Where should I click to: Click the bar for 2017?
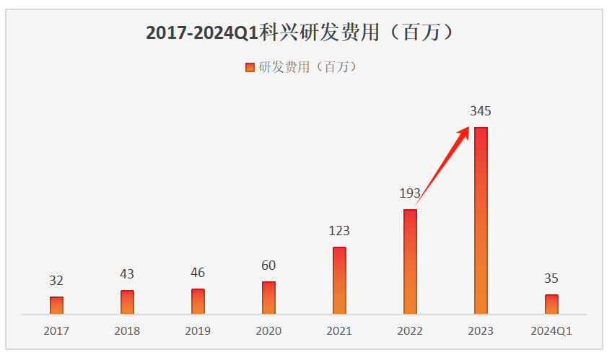pos(56,305)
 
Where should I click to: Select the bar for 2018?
pos(127,302)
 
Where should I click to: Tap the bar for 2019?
pos(198,302)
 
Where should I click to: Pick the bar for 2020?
pos(268,297)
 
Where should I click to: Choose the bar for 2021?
pos(339,281)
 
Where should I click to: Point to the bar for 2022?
pos(410,262)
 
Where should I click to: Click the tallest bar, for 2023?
pos(481,221)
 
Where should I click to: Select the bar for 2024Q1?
pos(551,304)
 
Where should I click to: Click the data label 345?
pos(481,111)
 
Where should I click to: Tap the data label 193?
pos(410,193)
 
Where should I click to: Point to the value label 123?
pos(339,231)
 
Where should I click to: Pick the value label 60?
pos(268,265)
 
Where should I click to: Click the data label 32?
pos(56,281)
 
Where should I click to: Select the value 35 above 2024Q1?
pos(551,278)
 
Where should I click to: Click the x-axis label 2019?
pos(198,331)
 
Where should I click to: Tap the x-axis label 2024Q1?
pos(551,331)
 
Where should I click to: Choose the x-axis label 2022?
pos(410,331)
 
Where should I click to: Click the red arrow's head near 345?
pos(464,130)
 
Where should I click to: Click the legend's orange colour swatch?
pos(250,67)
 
